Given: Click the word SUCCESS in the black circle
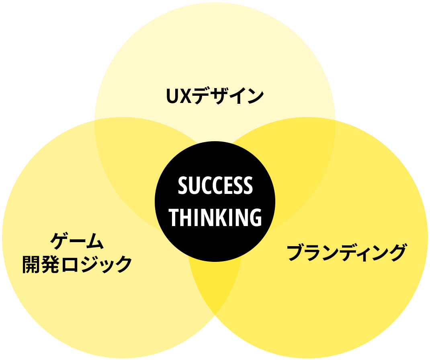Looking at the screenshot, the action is click(215, 185).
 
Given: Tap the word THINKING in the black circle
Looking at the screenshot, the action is click(215, 217).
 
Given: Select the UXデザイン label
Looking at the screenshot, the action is click(215, 96).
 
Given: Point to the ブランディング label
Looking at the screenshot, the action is click(346, 252).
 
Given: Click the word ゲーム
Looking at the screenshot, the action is click(77, 241).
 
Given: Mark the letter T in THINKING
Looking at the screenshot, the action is click(174, 217).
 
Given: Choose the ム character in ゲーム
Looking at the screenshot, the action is click(94, 241).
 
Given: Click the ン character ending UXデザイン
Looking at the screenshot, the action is click(255, 96).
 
